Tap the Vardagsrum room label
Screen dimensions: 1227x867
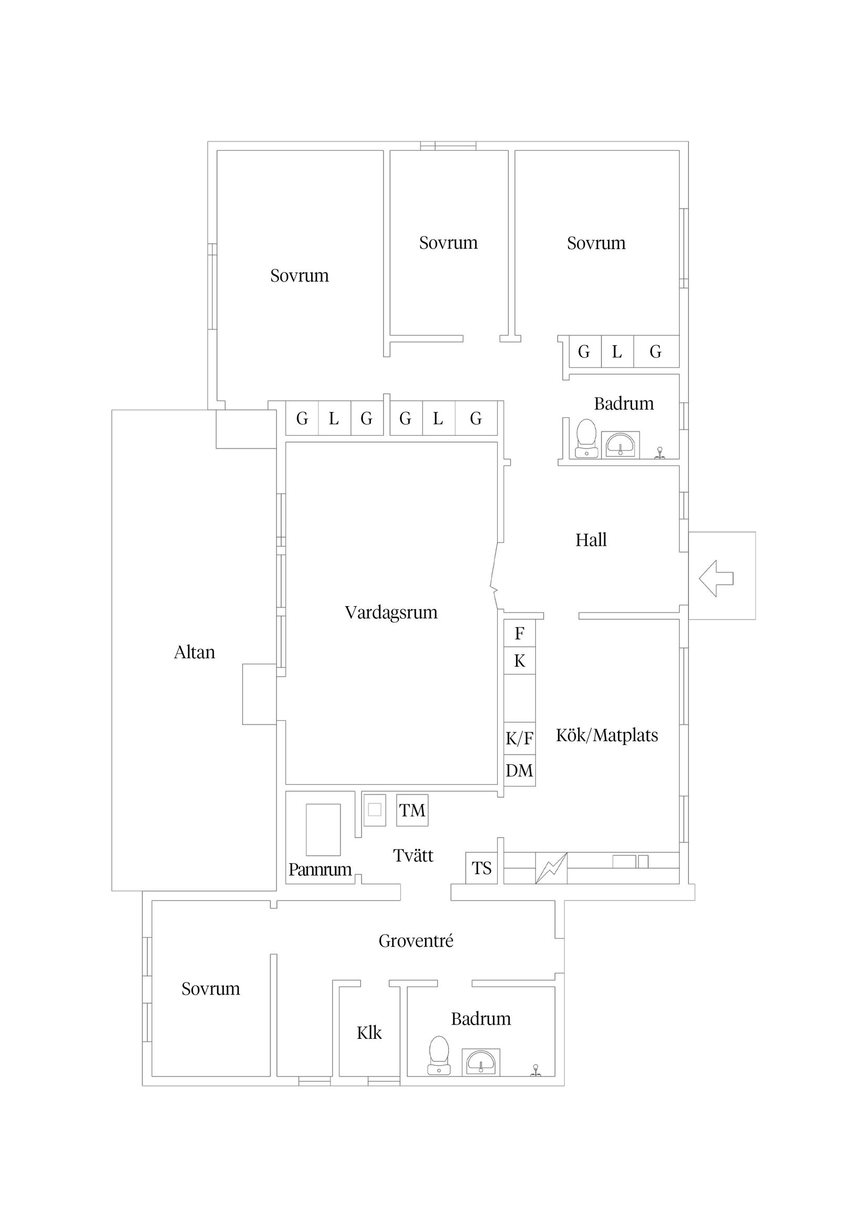click(x=391, y=612)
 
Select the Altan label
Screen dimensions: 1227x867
click(x=194, y=652)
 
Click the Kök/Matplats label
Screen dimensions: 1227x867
click(x=607, y=735)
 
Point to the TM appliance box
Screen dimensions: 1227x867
click(x=412, y=811)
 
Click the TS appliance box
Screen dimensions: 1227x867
click(x=481, y=868)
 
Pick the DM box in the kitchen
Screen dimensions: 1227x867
click(x=519, y=771)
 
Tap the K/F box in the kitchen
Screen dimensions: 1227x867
click(x=519, y=739)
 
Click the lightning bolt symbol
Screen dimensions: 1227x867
click(x=551, y=868)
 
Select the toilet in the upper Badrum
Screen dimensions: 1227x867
click(x=586, y=438)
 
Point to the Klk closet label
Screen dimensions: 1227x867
click(x=369, y=1033)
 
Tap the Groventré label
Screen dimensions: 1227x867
click(x=416, y=941)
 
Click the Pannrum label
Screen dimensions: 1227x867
click(x=320, y=870)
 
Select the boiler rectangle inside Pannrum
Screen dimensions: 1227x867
click(x=323, y=830)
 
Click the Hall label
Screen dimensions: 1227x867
click(x=591, y=540)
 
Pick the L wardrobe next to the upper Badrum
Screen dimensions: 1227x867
click(x=617, y=352)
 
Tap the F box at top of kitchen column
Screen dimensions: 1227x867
click(x=519, y=633)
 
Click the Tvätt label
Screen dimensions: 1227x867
click(x=413, y=855)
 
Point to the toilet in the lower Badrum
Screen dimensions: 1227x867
click(x=439, y=1055)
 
